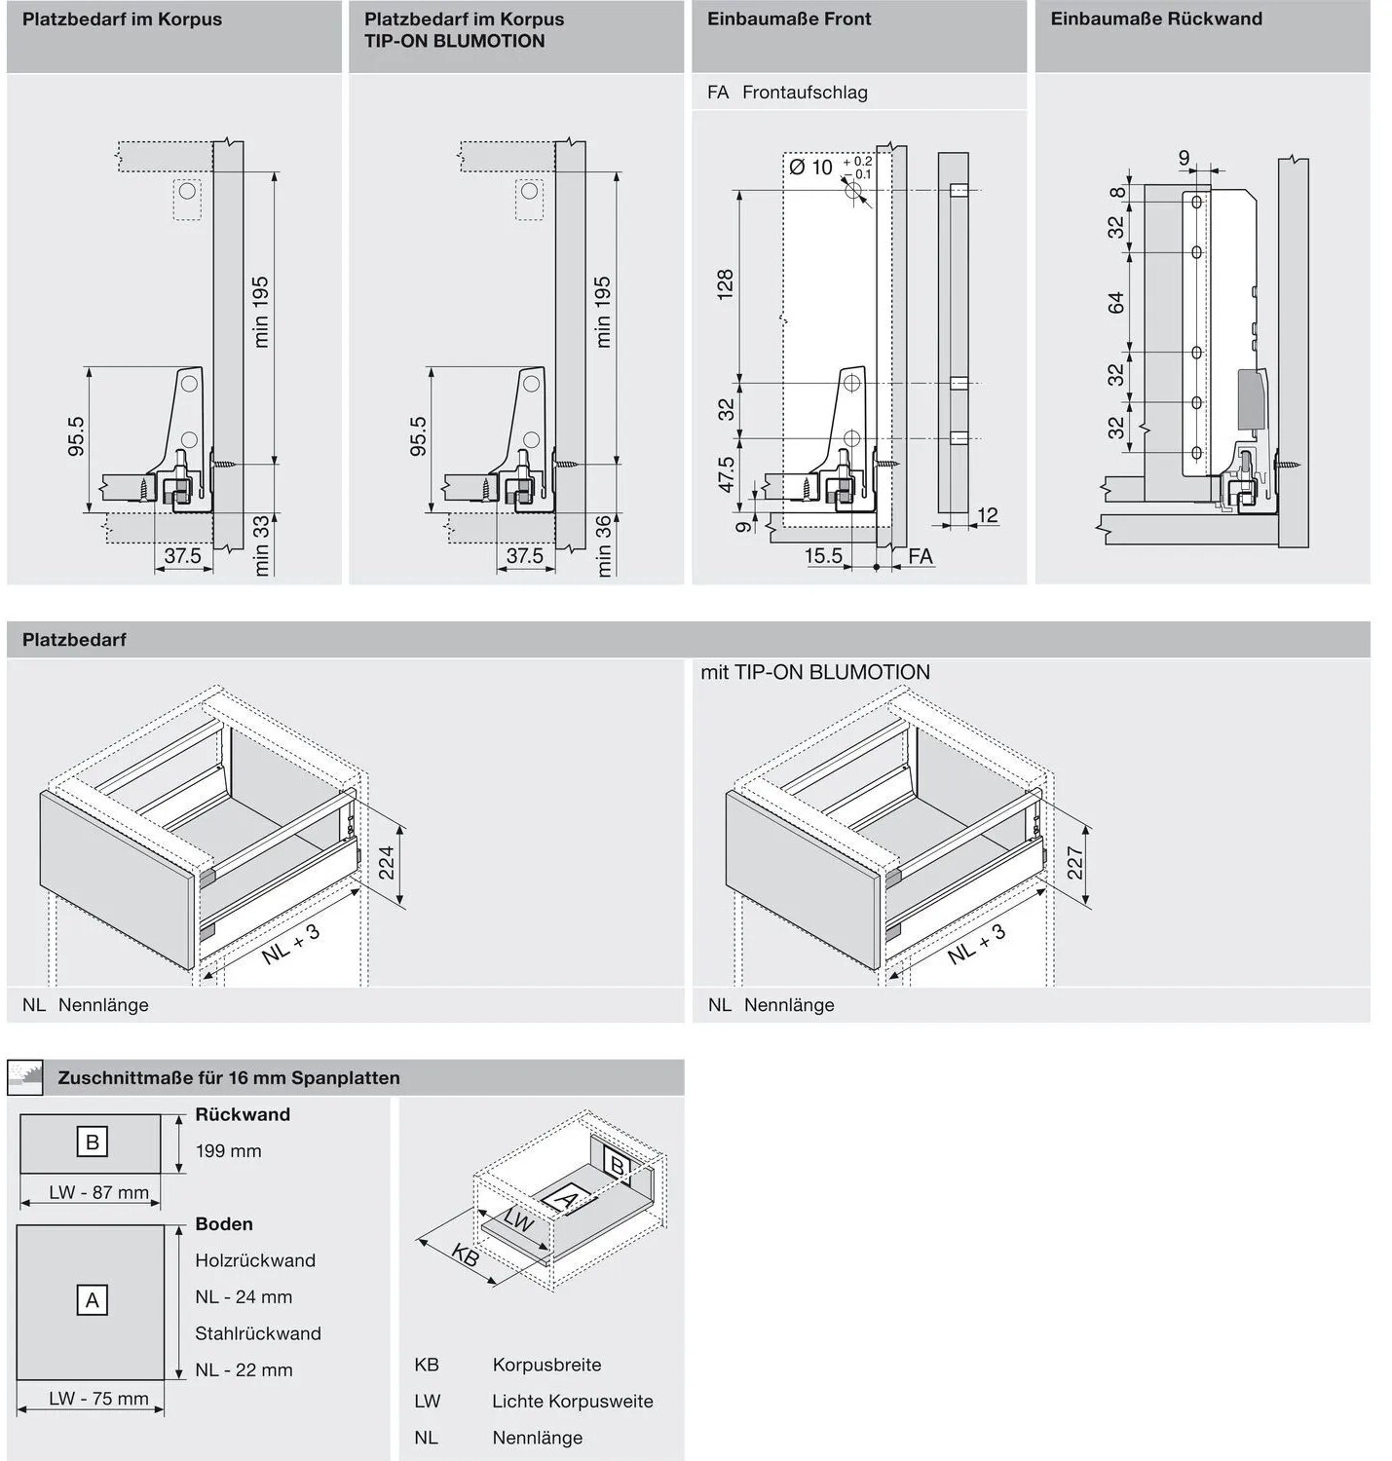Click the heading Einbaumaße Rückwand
click(x=1155, y=19)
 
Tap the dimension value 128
click(x=725, y=284)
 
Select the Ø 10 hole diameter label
click(x=810, y=168)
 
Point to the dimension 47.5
click(x=726, y=474)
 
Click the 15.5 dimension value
click(x=823, y=556)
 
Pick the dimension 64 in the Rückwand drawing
click(x=1116, y=303)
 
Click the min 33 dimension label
click(x=262, y=545)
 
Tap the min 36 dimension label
click(x=604, y=546)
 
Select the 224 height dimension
click(x=387, y=863)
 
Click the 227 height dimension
click(x=1075, y=863)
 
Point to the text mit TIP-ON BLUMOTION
click(x=815, y=672)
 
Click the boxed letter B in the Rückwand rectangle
click(x=93, y=1142)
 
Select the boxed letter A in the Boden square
click(x=93, y=1300)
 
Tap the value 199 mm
click(x=228, y=1151)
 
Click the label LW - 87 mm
click(x=98, y=1193)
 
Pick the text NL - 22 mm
click(x=244, y=1369)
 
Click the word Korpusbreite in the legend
click(x=547, y=1365)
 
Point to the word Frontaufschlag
click(x=805, y=93)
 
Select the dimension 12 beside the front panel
click(x=988, y=515)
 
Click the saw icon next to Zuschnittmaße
click(x=25, y=1077)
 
